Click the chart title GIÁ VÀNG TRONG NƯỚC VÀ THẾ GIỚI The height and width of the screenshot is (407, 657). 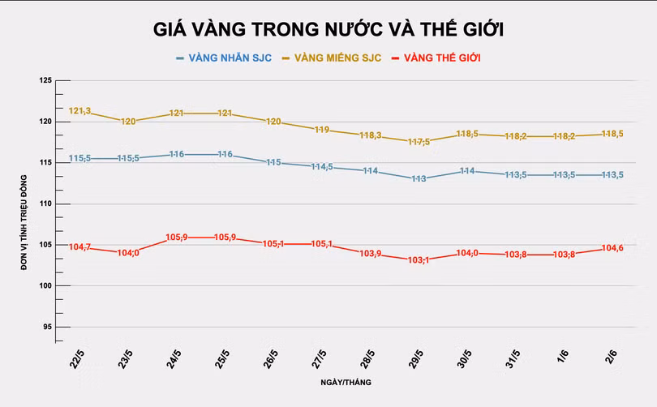328,30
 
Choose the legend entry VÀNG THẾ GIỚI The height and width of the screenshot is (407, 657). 442,58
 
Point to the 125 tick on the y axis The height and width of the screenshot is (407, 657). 45,80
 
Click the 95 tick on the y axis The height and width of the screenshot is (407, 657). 46,327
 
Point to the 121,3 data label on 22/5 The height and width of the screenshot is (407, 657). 80,111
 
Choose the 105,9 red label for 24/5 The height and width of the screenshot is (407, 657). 178,238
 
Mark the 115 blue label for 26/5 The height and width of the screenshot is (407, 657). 273,163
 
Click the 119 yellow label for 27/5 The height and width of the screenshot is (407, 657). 322,130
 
